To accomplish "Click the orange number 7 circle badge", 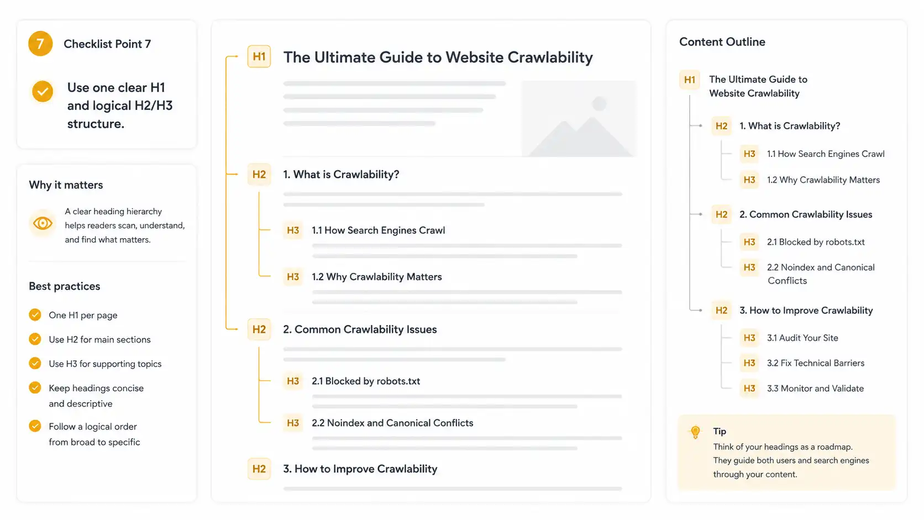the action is point(40,43).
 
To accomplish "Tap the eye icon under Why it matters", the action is point(43,223).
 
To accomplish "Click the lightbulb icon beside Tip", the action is point(695,432).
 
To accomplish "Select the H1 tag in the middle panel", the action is point(259,56).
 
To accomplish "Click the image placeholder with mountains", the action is point(579,119).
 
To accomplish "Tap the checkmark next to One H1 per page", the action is point(35,314).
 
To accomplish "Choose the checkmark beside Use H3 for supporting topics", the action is point(35,363).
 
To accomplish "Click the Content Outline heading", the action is point(722,41).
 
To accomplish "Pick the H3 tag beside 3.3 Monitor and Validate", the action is point(749,388).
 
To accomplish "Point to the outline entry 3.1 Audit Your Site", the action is point(802,338).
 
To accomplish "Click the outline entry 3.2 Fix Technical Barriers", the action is point(816,363).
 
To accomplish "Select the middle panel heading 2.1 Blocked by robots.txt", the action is point(366,381).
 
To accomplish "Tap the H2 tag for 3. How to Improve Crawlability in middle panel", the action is point(259,469).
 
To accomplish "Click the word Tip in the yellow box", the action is point(720,432).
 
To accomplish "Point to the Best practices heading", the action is point(64,286).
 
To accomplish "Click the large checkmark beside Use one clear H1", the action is point(43,92).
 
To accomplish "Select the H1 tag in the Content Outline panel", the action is point(690,80).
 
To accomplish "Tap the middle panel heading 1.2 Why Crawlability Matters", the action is point(376,277).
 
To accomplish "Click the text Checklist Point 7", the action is point(107,44).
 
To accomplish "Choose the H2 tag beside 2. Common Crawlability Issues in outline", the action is point(722,214).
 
